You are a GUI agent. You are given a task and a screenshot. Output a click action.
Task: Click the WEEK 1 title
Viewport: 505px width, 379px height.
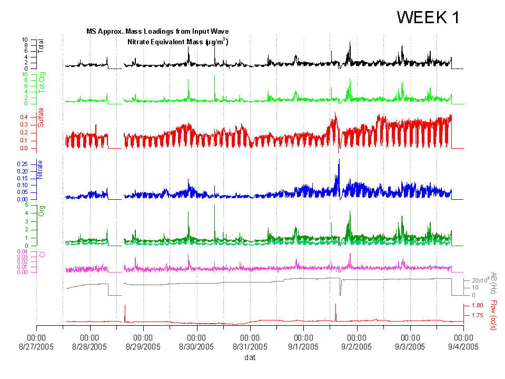coord(428,17)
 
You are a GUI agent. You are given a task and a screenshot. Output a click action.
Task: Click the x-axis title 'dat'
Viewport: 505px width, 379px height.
coord(250,357)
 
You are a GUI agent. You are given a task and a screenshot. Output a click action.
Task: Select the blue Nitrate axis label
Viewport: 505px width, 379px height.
coord(41,170)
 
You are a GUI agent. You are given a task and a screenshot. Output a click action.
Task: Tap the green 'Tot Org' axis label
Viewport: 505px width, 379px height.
coord(42,83)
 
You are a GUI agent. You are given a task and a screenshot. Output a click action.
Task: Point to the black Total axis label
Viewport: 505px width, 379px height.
coord(41,46)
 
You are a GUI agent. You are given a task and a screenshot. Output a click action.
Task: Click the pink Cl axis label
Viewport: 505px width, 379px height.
coord(42,255)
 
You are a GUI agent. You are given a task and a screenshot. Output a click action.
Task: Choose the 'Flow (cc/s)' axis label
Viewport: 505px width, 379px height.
coord(493,315)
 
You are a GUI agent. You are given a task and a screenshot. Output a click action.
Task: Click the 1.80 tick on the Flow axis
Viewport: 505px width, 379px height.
coord(477,305)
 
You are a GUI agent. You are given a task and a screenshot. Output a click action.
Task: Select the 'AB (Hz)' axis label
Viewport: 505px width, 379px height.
coord(494,284)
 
